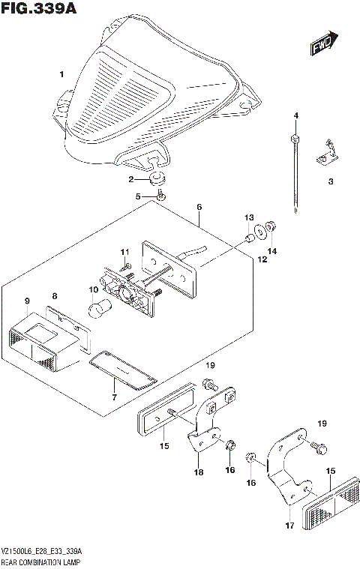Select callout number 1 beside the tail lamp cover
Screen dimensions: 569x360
coord(62,74)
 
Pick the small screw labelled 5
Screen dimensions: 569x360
coord(160,196)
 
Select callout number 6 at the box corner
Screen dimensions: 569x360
coord(199,206)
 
